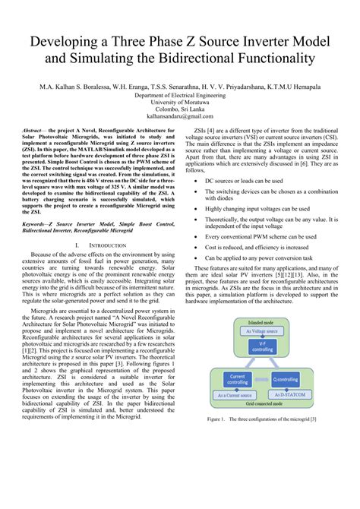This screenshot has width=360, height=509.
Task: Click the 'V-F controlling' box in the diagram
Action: point(261,347)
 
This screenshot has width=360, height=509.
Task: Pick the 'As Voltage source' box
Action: point(261,331)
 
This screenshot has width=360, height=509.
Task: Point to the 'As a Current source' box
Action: point(236,395)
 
